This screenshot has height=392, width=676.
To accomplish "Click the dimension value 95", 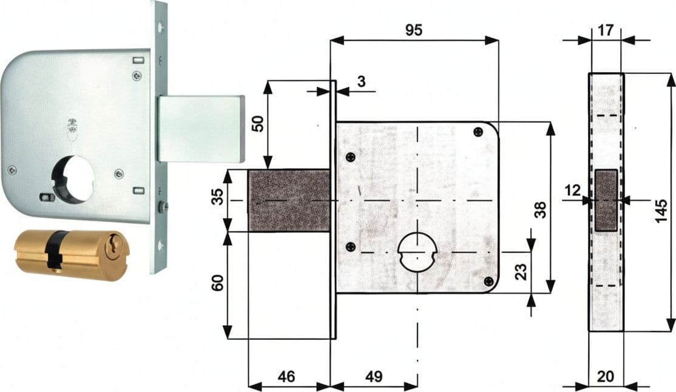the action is [x=414, y=30].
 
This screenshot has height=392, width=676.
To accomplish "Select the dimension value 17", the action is [x=605, y=30].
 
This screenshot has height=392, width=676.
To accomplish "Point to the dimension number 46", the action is [x=286, y=376].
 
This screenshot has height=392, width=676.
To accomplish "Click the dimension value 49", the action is [x=374, y=376].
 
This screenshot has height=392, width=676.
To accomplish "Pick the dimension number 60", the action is [x=218, y=283].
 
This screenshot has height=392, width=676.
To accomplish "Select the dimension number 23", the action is [x=521, y=272].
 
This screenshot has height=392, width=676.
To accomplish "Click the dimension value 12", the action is [x=573, y=190].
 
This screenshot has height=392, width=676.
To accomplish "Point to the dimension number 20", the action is [x=605, y=376].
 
